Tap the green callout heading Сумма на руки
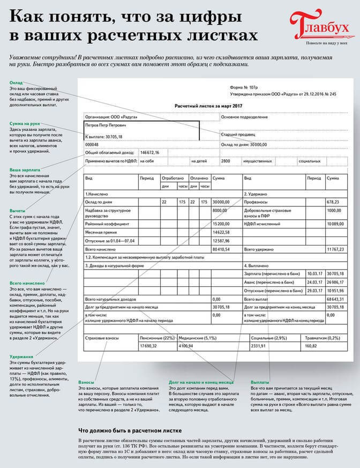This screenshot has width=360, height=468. coord(26,124)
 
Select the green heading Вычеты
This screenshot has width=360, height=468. coord(18,211)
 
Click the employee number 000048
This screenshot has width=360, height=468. coord(93,144)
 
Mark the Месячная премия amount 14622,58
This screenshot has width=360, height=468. coord(221,232)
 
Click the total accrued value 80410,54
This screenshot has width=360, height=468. coord(221,249)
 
